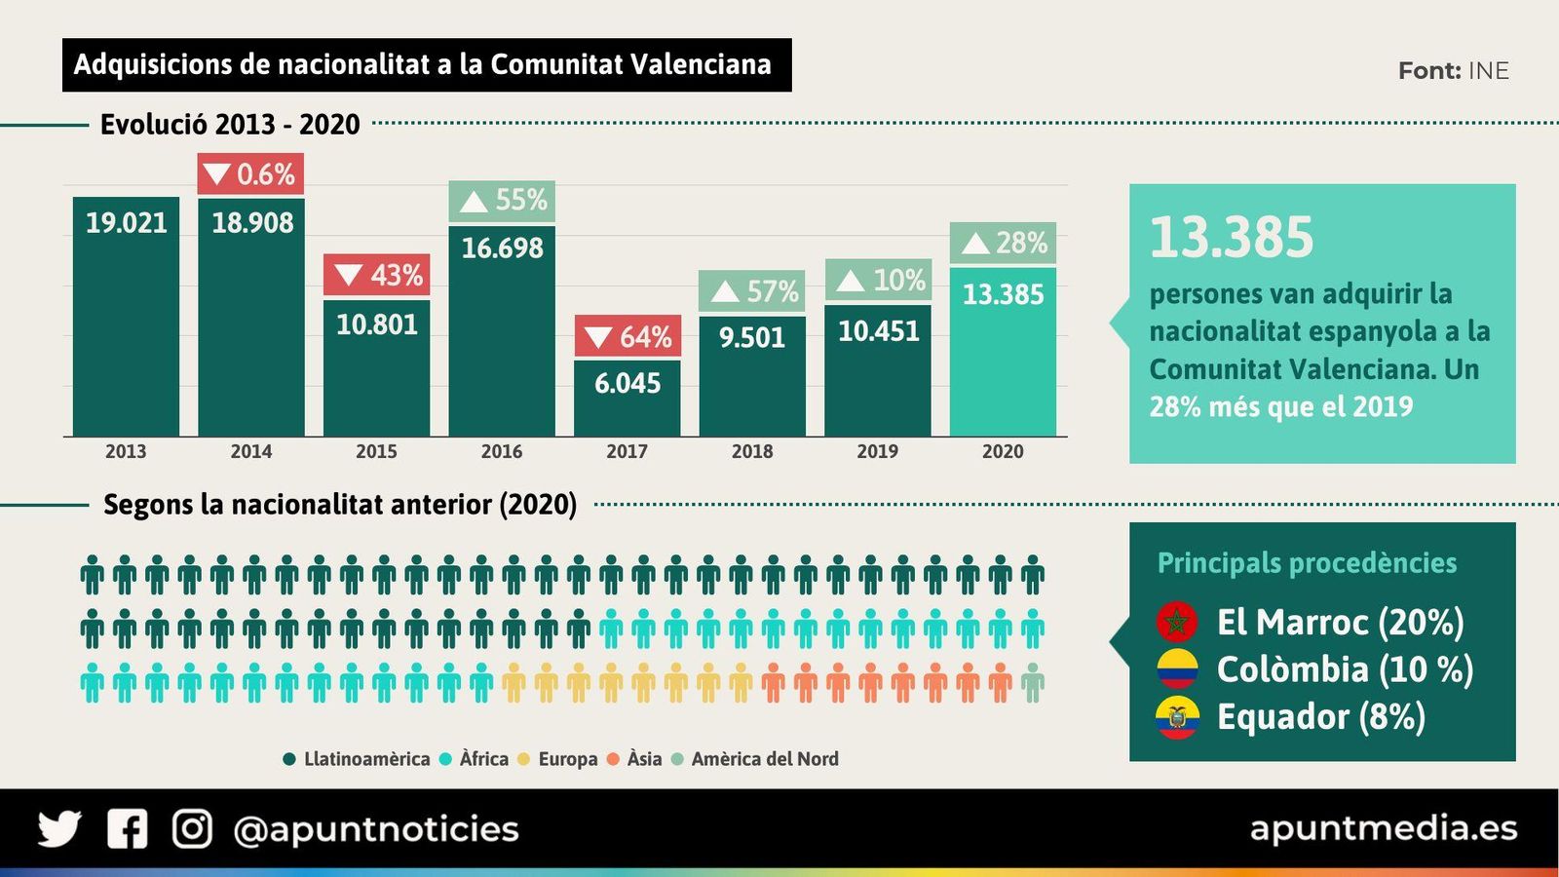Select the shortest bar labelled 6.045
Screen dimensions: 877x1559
pyautogui.click(x=627, y=398)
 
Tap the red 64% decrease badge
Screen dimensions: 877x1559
pyautogui.click(x=627, y=336)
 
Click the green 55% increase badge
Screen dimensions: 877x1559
pyautogui.click(x=502, y=201)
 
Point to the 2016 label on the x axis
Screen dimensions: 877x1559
pyautogui.click(x=502, y=451)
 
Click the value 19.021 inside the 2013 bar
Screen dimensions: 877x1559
pyautogui.click(x=126, y=223)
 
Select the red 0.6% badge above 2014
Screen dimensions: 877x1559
pyautogui.click(x=250, y=174)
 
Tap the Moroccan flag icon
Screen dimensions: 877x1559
pyautogui.click(x=1177, y=622)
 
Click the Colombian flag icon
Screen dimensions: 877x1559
pyautogui.click(x=1177, y=669)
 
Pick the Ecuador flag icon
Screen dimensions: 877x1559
pyautogui.click(x=1177, y=717)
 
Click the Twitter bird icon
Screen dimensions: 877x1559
pyautogui.click(x=59, y=829)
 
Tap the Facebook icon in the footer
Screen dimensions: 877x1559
pyautogui.click(x=127, y=829)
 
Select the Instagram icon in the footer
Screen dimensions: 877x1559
pyautogui.click(x=192, y=829)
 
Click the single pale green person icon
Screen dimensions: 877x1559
pyautogui.click(x=1032, y=683)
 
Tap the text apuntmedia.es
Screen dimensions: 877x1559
pyautogui.click(x=1383, y=828)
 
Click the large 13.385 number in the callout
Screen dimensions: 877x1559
pyautogui.click(x=1232, y=238)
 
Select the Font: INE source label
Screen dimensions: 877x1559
pyautogui.click(x=1453, y=71)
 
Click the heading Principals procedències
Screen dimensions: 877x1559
pyautogui.click(x=1307, y=563)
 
